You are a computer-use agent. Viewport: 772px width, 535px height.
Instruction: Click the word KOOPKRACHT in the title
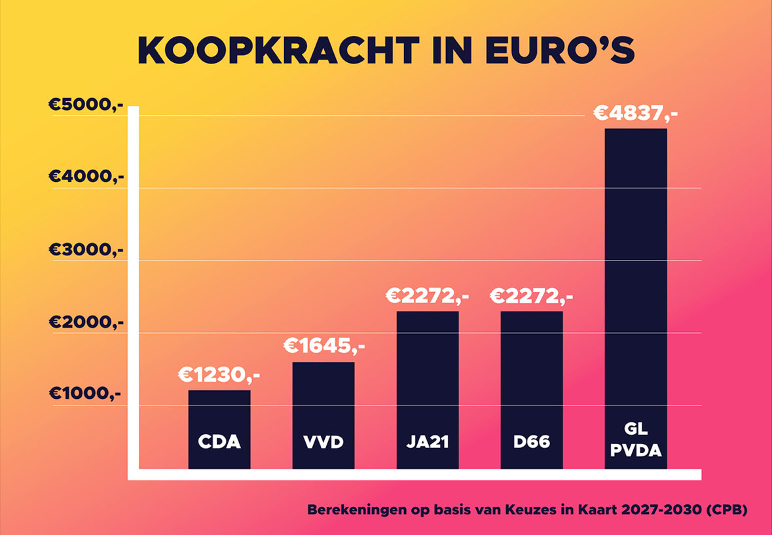pyautogui.click(x=278, y=50)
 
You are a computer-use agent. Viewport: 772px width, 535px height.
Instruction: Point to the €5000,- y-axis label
pyautogui.click(x=86, y=105)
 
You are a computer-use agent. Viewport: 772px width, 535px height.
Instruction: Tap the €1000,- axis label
pyautogui.click(x=86, y=394)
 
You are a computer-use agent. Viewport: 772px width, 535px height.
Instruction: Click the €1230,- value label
pyautogui.click(x=219, y=375)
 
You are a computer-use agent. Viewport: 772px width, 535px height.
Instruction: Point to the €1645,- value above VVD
pyautogui.click(x=323, y=346)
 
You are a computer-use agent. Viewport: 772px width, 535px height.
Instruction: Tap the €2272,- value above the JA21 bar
pyautogui.click(x=427, y=297)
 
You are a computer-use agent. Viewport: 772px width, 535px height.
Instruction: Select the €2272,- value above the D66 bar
pyautogui.click(x=531, y=297)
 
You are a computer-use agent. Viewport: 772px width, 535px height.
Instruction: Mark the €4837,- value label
pyautogui.click(x=635, y=113)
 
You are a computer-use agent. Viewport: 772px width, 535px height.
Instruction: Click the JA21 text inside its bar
pyautogui.click(x=428, y=442)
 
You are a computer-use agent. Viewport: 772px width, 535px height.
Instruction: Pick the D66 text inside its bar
pyautogui.click(x=531, y=442)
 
